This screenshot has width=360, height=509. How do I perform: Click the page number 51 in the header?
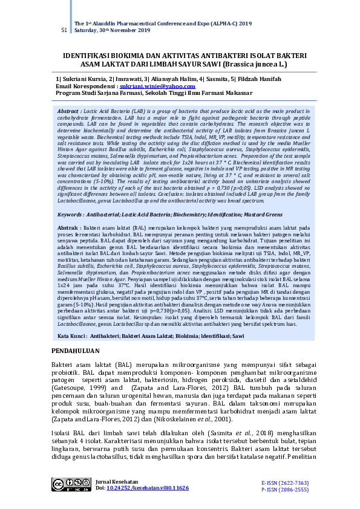tap(64, 30)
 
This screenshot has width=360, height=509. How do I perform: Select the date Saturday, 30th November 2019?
tap(113, 30)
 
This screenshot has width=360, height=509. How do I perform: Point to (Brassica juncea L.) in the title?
tap(254, 63)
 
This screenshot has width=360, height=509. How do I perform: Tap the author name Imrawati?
tap(127, 79)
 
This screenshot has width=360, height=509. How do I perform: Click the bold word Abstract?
tap(69, 112)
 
